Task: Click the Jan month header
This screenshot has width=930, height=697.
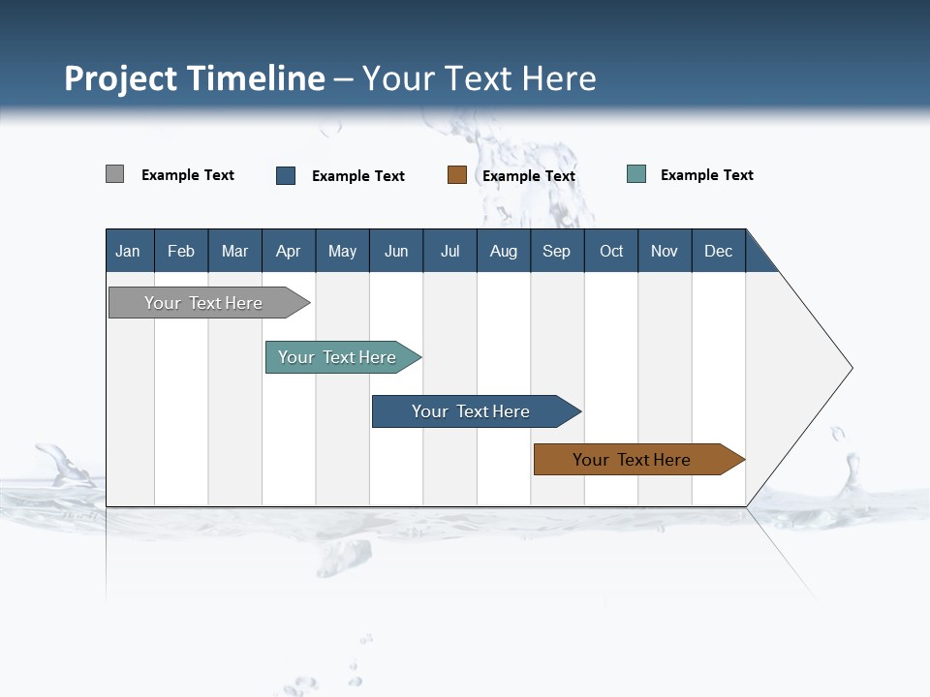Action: point(128,251)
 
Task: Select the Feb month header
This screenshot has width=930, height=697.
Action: point(181,251)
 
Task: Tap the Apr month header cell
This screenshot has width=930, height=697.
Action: point(289,251)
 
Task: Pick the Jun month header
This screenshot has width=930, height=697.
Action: point(396,251)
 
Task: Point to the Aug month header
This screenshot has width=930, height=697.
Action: point(504,251)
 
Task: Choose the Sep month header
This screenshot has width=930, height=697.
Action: point(557,251)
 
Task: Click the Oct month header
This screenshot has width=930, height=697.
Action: point(611,251)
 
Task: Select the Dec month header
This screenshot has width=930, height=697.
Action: point(719,251)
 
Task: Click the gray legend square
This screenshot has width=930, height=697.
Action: point(115,174)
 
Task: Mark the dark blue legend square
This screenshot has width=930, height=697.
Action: point(286,175)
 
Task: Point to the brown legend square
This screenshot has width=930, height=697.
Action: point(457,175)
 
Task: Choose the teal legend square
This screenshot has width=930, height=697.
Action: point(636,174)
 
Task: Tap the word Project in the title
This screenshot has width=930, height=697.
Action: point(121,78)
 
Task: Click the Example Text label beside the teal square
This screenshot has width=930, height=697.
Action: point(706,175)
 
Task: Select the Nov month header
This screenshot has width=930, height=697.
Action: point(665,251)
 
